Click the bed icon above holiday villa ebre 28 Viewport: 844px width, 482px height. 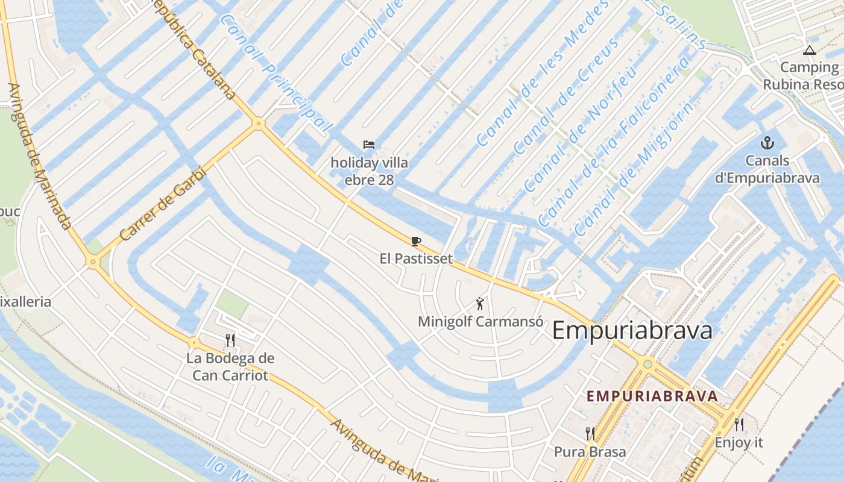click(x=369, y=145)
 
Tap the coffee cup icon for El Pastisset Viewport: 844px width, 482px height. click(x=415, y=241)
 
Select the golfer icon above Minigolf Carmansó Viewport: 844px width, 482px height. click(x=480, y=304)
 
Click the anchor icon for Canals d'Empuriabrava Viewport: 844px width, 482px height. click(x=767, y=143)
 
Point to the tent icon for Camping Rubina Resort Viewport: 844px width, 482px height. click(x=809, y=51)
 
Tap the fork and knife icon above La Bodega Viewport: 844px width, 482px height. click(x=230, y=340)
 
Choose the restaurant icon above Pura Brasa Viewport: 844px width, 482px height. click(x=590, y=434)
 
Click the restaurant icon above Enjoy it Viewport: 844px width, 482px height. click(x=739, y=425)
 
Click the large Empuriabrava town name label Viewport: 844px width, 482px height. click(x=632, y=331)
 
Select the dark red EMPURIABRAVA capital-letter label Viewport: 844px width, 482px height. click(x=652, y=396)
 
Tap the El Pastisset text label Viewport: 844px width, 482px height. click(x=416, y=259)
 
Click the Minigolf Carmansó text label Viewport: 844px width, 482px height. click(x=480, y=321)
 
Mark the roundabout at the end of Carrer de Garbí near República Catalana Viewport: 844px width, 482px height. click(x=259, y=124)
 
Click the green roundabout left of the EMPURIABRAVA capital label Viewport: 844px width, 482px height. click(x=648, y=363)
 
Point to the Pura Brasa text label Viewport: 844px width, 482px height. click(x=590, y=452)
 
